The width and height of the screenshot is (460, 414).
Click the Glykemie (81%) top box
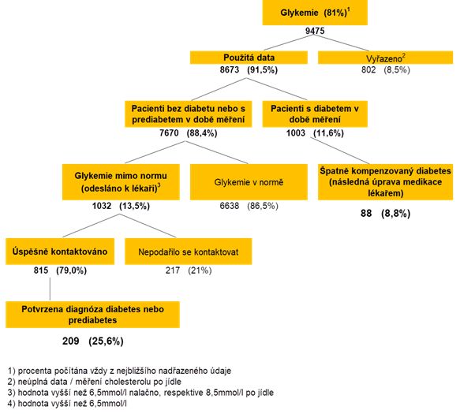pos(315,13)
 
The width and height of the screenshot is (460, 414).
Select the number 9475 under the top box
pos(315,31)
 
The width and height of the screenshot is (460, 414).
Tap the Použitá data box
pos(249,58)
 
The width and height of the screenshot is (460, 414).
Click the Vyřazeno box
pos(386,58)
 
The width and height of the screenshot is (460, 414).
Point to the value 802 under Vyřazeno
pos(368,69)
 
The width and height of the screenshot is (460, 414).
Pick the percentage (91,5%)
pos(262,69)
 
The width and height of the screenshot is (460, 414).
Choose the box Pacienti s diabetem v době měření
pos(315,114)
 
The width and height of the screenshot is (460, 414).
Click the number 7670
pos(169,133)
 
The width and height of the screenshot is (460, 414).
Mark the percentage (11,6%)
pos(328,133)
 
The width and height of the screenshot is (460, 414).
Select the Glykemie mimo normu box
pos(121,182)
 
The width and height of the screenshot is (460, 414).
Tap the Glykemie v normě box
pos(249,182)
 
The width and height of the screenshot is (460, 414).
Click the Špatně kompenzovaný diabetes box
pos(386,182)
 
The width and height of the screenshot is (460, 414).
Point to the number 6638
pos(230,206)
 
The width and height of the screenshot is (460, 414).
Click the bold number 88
pos(366,213)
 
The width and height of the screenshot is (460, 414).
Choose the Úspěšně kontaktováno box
pos(60,252)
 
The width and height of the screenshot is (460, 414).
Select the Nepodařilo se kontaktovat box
pos(189,252)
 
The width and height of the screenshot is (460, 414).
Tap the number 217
pos(173,270)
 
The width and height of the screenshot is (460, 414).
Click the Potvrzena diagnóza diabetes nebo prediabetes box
pos(92,315)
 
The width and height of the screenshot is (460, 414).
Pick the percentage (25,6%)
pos(106,341)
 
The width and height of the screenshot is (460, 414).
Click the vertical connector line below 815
pos(50,289)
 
